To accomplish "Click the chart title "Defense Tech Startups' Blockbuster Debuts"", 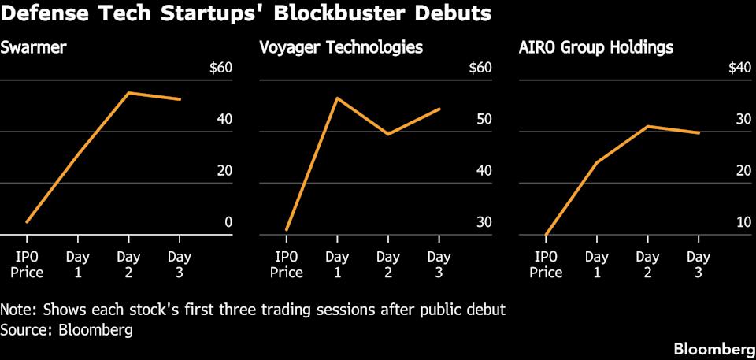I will (246, 14).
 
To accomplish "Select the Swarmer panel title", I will (33, 47).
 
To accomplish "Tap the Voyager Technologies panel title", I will (341, 47).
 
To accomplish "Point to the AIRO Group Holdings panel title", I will (596, 47).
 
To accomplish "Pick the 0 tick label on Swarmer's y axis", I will (228, 222).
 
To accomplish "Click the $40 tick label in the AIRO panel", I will (737, 68).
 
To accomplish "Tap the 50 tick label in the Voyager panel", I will (482, 120).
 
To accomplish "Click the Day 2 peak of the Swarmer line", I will (128, 93).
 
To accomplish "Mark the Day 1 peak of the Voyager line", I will (337, 98).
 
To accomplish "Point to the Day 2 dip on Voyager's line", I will (388, 134).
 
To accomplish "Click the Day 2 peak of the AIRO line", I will (647, 126).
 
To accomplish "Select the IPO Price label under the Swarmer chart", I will (27, 264).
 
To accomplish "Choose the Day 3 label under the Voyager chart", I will (439, 264).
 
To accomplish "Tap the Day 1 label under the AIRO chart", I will (596, 264).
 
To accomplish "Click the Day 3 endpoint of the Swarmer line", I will (180, 99).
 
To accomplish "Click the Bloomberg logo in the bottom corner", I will (712, 348).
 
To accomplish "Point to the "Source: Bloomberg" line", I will (66, 329).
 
